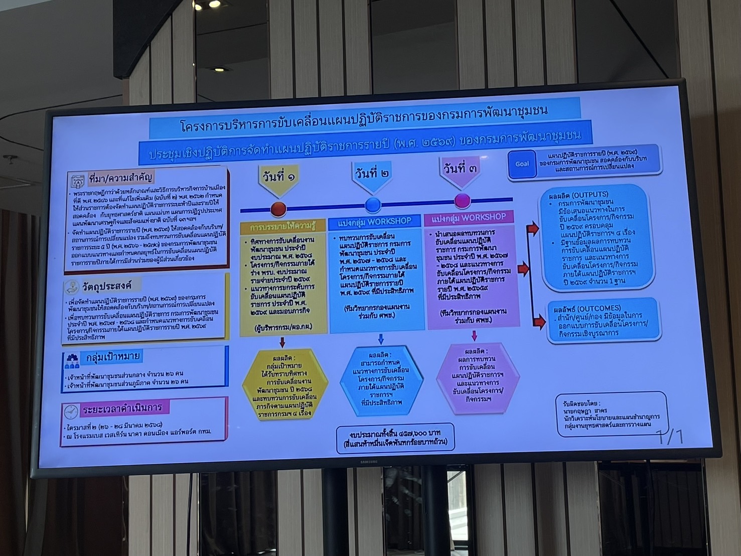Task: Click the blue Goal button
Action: coord(522,164)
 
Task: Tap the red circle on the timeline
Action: coord(278,208)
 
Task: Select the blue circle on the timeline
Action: coord(373,205)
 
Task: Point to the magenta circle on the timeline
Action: coord(462,201)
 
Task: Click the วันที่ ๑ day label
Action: coord(279,177)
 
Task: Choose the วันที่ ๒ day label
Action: coord(372,173)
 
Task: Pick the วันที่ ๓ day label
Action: coord(460,169)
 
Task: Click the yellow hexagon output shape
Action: coord(284,384)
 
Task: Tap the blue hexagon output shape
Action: coord(381,381)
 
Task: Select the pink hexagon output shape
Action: coord(477,377)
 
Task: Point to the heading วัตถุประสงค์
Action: coord(107,286)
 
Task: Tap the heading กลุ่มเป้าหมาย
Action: coord(112,358)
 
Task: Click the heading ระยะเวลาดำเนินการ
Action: coord(122,409)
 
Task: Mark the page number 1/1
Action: coord(671,437)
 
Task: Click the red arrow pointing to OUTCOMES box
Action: coord(538,322)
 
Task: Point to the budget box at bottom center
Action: coord(396,438)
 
